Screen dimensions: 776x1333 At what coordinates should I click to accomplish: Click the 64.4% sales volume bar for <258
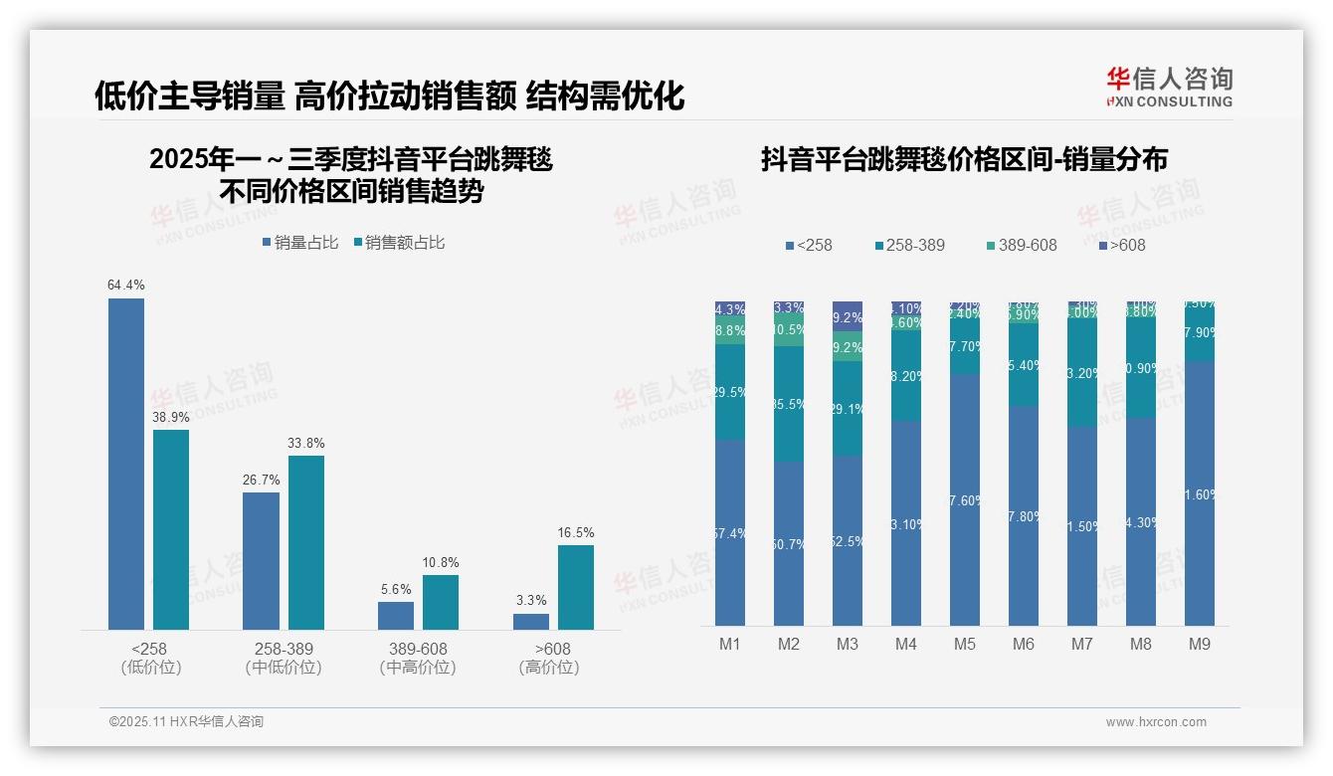(126, 464)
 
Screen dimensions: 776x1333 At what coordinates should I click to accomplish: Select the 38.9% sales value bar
(171, 529)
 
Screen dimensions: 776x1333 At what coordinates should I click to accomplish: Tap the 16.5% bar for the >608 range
(576, 587)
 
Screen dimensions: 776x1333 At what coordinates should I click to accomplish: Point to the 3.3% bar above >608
(531, 621)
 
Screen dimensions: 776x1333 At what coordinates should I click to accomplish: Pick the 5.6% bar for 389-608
(396, 615)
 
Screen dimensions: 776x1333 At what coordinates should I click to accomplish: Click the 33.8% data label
(306, 443)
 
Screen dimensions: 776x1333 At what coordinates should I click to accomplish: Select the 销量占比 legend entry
(299, 243)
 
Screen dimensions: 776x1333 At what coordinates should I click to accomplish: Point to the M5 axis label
(965, 645)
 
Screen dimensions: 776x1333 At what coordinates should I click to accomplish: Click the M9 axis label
(1200, 645)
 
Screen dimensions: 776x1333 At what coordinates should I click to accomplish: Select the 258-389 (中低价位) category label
(284, 658)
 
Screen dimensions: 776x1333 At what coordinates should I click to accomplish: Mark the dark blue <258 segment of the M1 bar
(730, 532)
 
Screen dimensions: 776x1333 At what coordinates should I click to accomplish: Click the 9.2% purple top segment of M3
(848, 315)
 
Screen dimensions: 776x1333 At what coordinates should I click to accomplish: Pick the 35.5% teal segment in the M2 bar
(789, 404)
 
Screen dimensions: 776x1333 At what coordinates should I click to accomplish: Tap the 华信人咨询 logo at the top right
(1169, 88)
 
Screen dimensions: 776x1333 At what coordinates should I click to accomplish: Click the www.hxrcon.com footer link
(1156, 722)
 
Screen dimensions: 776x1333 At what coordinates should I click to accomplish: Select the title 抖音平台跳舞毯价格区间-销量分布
(964, 159)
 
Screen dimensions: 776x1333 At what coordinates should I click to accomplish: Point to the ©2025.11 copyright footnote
(186, 722)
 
